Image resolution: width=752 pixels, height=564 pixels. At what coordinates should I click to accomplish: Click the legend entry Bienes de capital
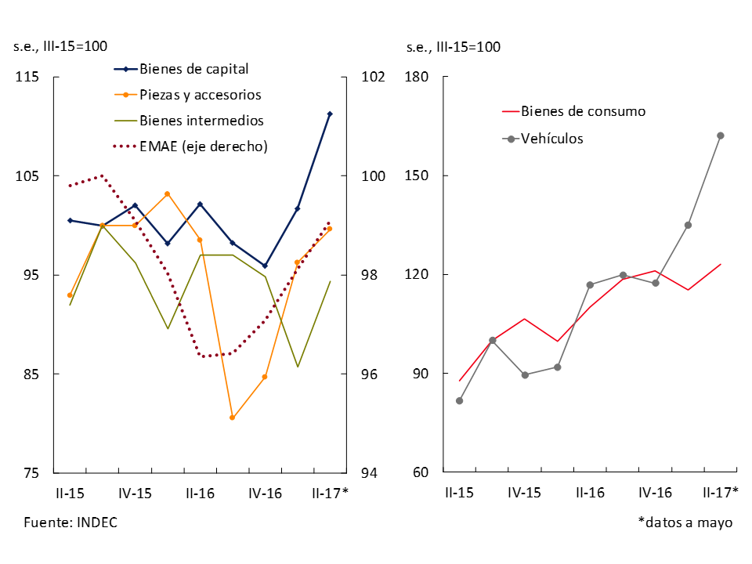coord(194,68)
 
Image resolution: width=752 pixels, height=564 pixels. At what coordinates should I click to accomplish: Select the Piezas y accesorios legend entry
coord(200,95)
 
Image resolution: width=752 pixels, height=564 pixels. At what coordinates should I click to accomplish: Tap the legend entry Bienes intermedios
coord(201,121)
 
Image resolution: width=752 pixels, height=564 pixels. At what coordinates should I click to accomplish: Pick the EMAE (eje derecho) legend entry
coord(204,146)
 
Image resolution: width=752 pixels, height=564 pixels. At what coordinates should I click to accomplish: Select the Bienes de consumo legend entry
coord(583,111)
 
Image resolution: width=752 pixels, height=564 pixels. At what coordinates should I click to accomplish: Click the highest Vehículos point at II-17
coord(721,136)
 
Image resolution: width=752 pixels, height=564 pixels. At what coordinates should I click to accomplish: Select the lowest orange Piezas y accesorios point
coord(232,418)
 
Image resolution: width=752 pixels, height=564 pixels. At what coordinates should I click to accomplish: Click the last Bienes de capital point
coord(330,114)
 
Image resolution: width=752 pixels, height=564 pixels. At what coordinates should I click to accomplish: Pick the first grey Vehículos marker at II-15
coord(460,401)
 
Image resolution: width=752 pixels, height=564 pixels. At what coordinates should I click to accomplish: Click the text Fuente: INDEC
coord(70,522)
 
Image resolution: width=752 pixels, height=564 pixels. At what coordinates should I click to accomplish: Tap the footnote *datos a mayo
coord(685,522)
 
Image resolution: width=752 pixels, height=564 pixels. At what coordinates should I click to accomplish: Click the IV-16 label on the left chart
coord(265,493)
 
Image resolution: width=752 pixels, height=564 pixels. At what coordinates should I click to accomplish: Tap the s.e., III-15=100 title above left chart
coord(60,46)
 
